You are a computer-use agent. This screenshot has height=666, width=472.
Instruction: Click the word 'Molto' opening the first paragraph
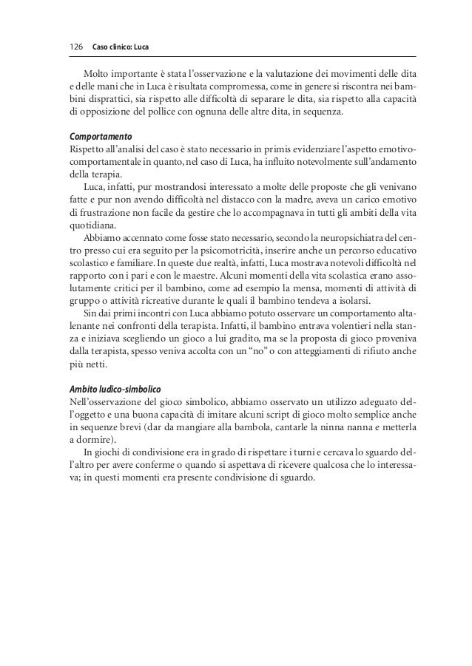[95, 74]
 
